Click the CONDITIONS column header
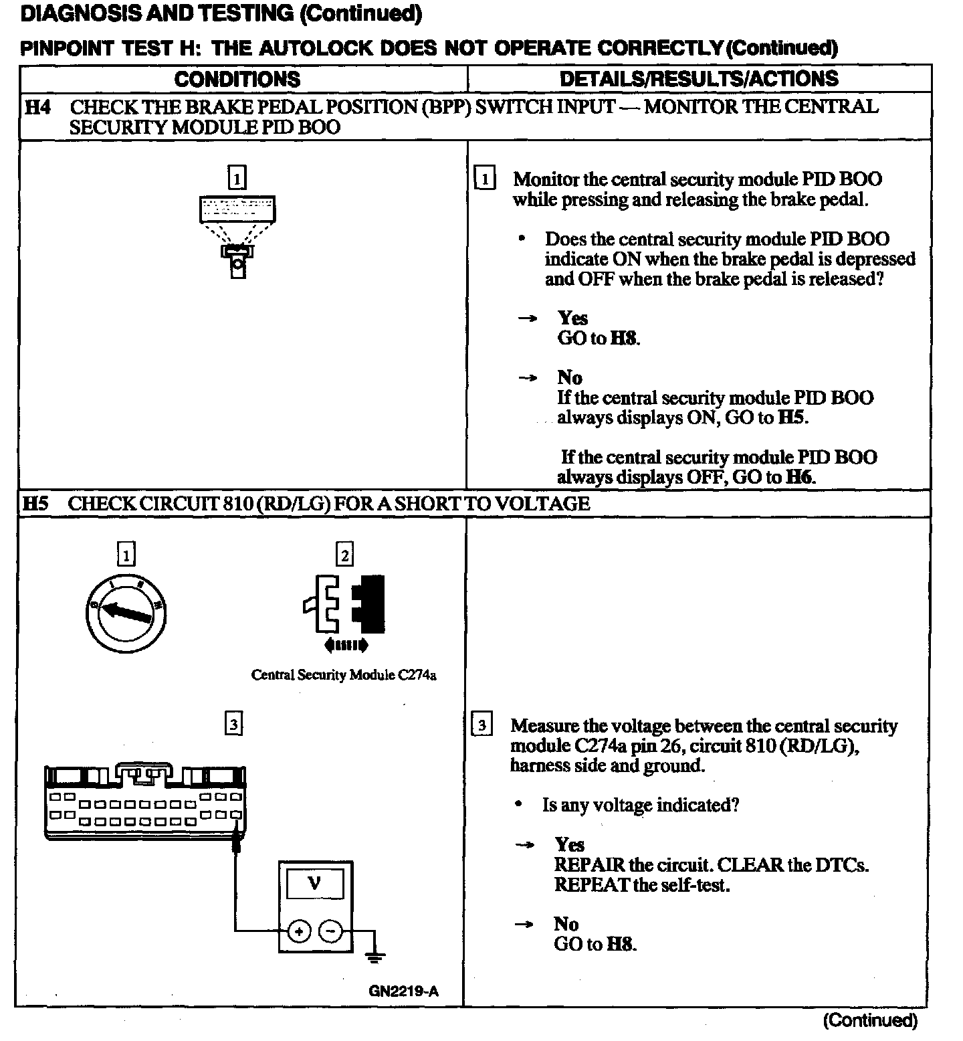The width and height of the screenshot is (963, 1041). point(237,79)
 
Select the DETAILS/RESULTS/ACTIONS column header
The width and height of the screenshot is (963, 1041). point(699,78)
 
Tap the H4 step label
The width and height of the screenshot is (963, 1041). point(37,107)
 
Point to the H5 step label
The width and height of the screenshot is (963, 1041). point(36,503)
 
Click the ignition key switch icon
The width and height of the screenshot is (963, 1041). point(126,612)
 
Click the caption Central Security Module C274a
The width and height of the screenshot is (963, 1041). point(344,674)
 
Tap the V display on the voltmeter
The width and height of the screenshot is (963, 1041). point(314,884)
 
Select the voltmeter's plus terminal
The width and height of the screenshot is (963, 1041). point(299,931)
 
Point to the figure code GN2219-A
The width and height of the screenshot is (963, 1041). point(403,991)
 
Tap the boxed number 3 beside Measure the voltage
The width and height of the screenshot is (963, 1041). point(482,725)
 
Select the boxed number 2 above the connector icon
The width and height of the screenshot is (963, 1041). point(344,555)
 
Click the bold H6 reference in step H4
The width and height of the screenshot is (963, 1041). point(800,477)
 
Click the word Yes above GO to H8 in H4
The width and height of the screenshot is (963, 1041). point(572,318)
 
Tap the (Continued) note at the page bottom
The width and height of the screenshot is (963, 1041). point(870,1020)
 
